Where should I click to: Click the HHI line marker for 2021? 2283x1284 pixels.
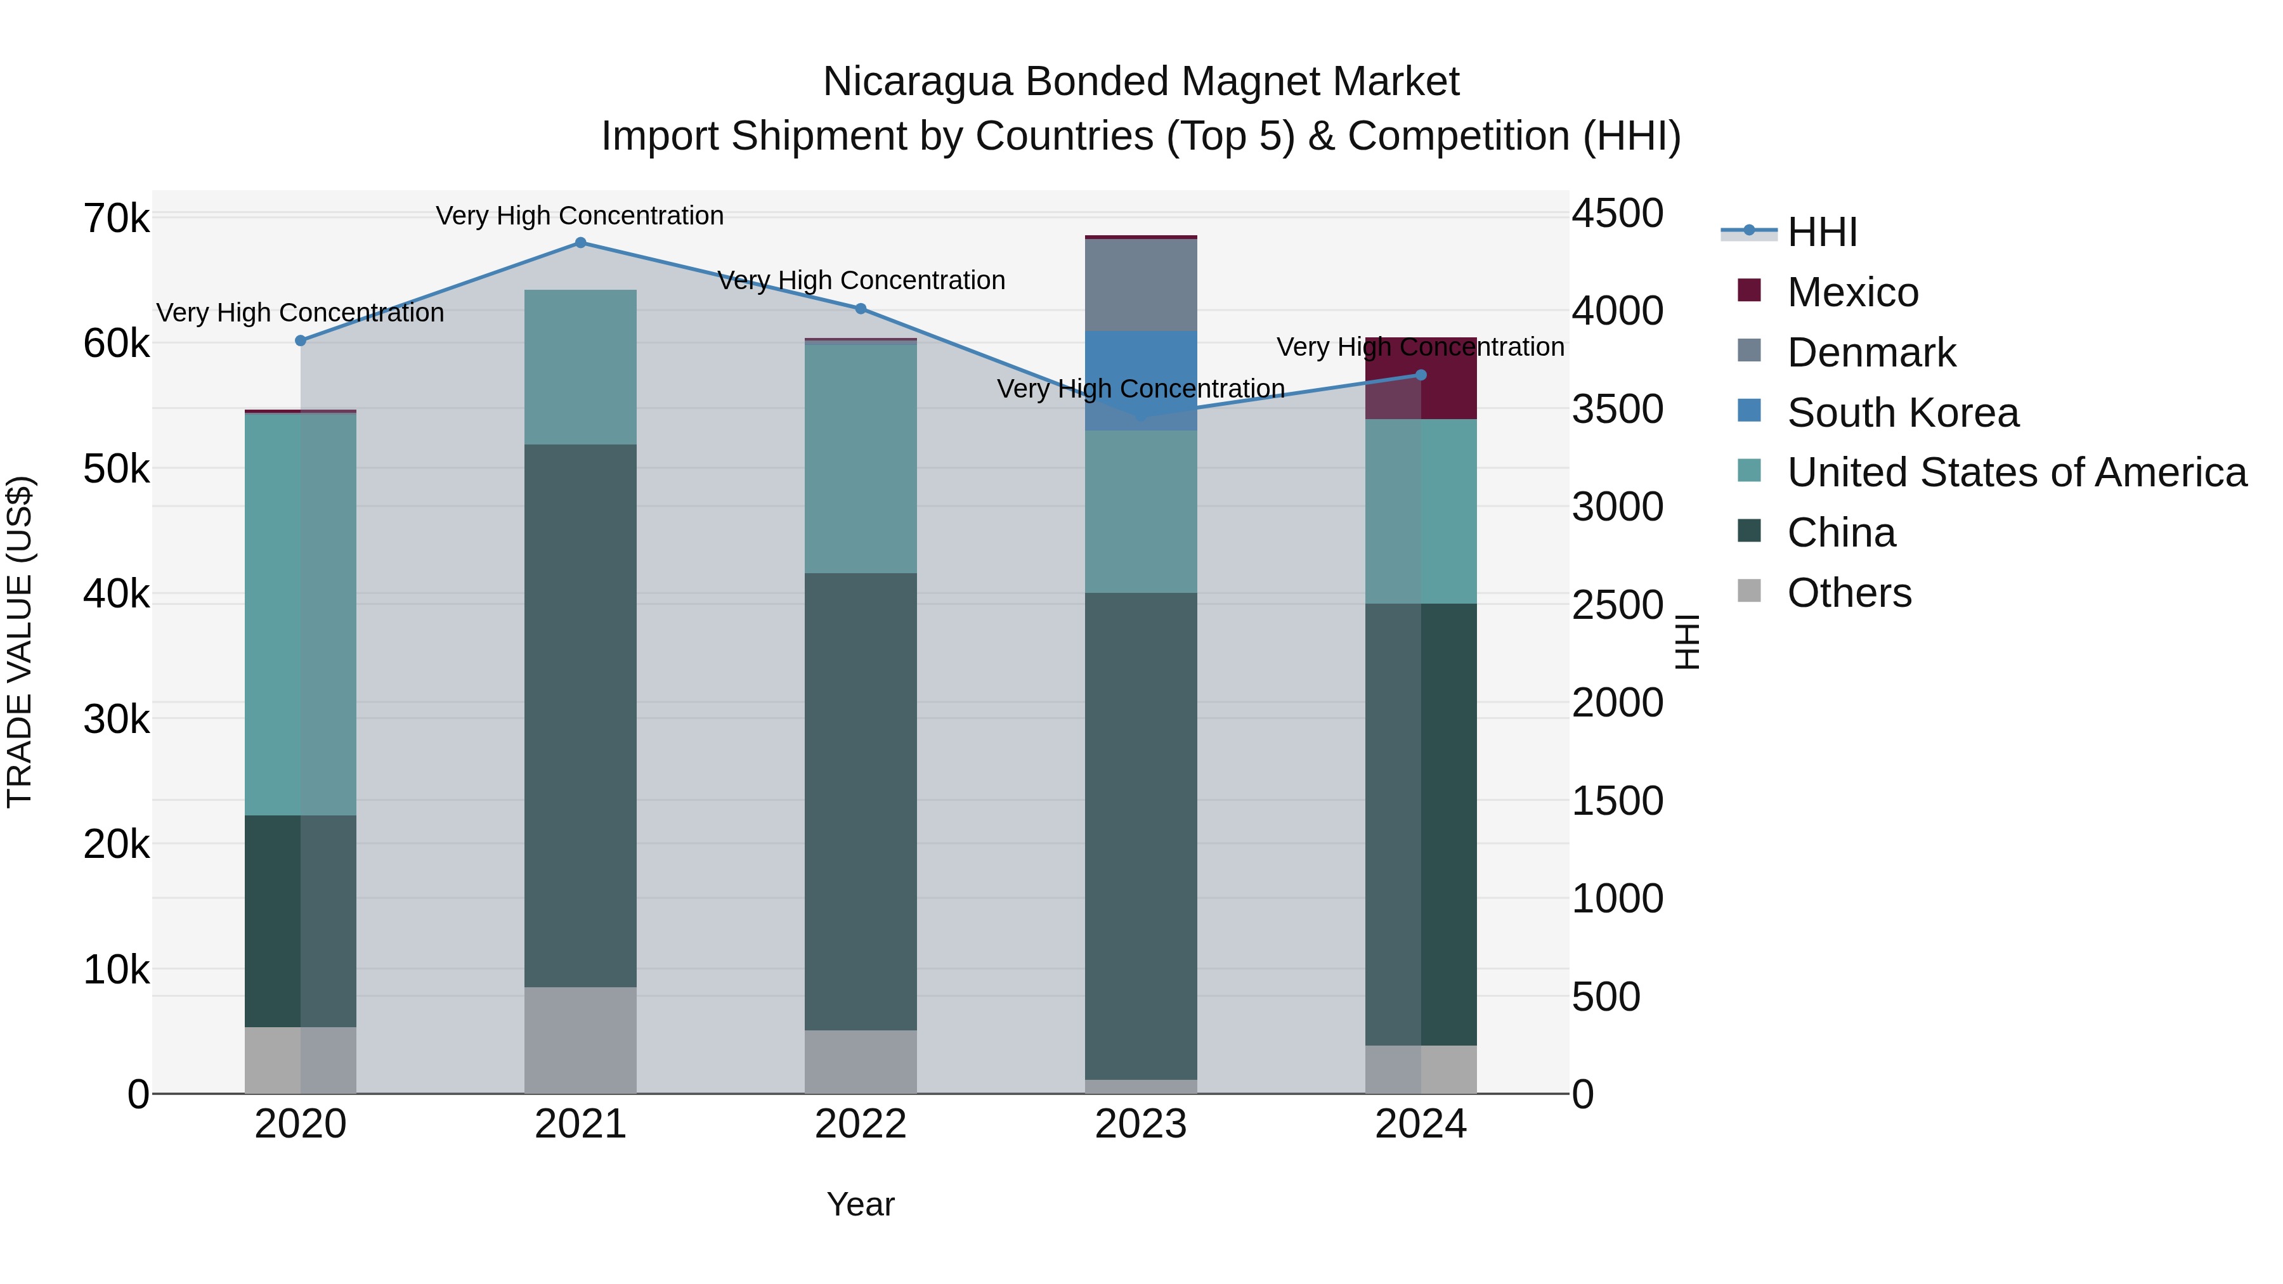tap(580, 243)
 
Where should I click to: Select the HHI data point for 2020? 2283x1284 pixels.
tap(301, 340)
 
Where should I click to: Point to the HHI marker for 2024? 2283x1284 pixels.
tap(1421, 375)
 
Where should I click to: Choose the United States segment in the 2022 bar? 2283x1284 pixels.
tap(861, 457)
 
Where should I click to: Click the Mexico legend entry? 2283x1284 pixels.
tap(1852, 292)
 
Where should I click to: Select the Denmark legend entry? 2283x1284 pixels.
tap(1871, 353)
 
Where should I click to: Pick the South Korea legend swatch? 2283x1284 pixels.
tap(1750, 411)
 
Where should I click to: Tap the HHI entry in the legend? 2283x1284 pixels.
tap(1821, 232)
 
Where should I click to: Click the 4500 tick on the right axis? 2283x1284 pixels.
tap(1617, 214)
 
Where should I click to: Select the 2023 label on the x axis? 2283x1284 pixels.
tap(1141, 1124)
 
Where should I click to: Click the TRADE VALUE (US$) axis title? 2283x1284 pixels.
tap(20, 642)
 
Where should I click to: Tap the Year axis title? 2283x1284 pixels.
tap(861, 1204)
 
